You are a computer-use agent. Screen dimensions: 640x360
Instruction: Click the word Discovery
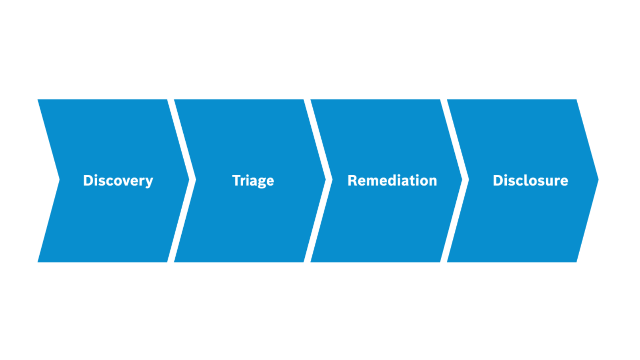[118, 181]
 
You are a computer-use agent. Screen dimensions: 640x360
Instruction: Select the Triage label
[253, 181]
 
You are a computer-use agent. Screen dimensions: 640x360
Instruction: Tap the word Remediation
[392, 180]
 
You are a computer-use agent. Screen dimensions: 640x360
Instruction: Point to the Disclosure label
[530, 180]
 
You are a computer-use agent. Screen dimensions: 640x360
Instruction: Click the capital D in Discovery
[88, 180]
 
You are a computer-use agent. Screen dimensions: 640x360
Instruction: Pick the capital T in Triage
[237, 180]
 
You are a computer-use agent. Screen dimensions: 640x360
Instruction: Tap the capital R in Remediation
[353, 180]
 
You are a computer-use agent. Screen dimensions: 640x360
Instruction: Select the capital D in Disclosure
[498, 180]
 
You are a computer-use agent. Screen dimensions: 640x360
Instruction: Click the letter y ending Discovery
[149, 183]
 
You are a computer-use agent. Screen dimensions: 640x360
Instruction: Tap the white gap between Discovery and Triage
[182, 180]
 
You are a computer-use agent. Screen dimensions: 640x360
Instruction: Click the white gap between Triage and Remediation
[318, 180]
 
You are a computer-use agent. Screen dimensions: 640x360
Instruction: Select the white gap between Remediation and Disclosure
[454, 180]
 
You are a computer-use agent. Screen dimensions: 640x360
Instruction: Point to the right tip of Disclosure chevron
[598, 180]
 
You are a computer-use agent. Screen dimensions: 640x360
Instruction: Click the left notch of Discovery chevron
[60, 180]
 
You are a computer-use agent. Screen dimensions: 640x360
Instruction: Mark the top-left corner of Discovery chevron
[38, 100]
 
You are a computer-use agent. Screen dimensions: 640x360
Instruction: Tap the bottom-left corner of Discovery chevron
[38, 262]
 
